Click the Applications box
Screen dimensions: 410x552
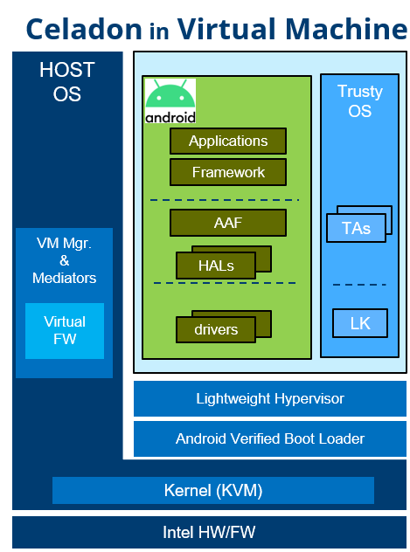click(228, 141)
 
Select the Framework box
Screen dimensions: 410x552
click(228, 172)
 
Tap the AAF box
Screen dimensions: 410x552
click(228, 223)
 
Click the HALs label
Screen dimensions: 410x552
click(216, 266)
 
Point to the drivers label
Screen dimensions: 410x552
click(216, 330)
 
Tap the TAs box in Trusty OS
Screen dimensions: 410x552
click(356, 228)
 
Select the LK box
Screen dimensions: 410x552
click(360, 323)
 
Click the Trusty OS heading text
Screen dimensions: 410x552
click(360, 101)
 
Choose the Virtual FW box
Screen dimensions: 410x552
click(65, 331)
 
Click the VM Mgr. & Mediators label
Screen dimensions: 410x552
click(64, 260)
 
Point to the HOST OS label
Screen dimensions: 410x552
click(67, 82)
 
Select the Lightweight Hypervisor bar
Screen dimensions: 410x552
click(270, 398)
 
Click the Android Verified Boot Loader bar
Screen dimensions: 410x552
click(270, 438)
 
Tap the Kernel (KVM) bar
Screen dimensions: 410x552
click(213, 490)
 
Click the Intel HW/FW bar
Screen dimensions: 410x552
click(209, 532)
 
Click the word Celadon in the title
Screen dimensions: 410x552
click(84, 29)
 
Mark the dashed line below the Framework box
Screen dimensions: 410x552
click(225, 200)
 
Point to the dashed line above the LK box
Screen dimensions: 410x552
click(359, 285)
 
